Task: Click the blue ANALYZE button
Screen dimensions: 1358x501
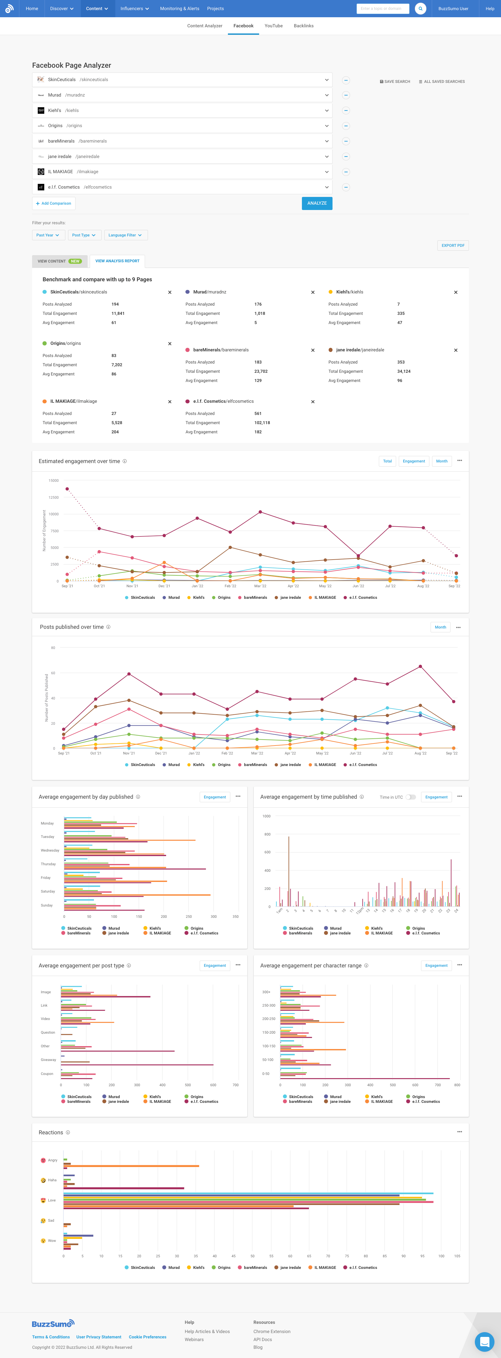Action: tap(317, 203)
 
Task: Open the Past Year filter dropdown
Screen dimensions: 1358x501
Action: tap(48, 235)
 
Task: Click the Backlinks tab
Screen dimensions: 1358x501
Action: tap(304, 26)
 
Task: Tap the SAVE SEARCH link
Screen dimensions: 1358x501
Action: tap(395, 82)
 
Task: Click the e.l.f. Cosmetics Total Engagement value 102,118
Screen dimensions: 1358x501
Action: tap(262, 423)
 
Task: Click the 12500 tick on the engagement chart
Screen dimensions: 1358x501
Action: tap(53, 498)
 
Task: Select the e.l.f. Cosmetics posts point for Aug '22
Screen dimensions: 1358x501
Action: tap(420, 666)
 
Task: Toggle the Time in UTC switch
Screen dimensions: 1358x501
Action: tap(410, 797)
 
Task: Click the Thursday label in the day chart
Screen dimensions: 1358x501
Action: tap(48, 864)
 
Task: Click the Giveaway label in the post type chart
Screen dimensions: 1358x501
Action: tap(48, 1059)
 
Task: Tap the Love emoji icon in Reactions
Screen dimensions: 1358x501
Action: tap(43, 1200)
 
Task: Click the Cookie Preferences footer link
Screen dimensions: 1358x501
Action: tap(148, 1337)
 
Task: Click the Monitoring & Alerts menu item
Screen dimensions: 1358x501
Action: tap(179, 8)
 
